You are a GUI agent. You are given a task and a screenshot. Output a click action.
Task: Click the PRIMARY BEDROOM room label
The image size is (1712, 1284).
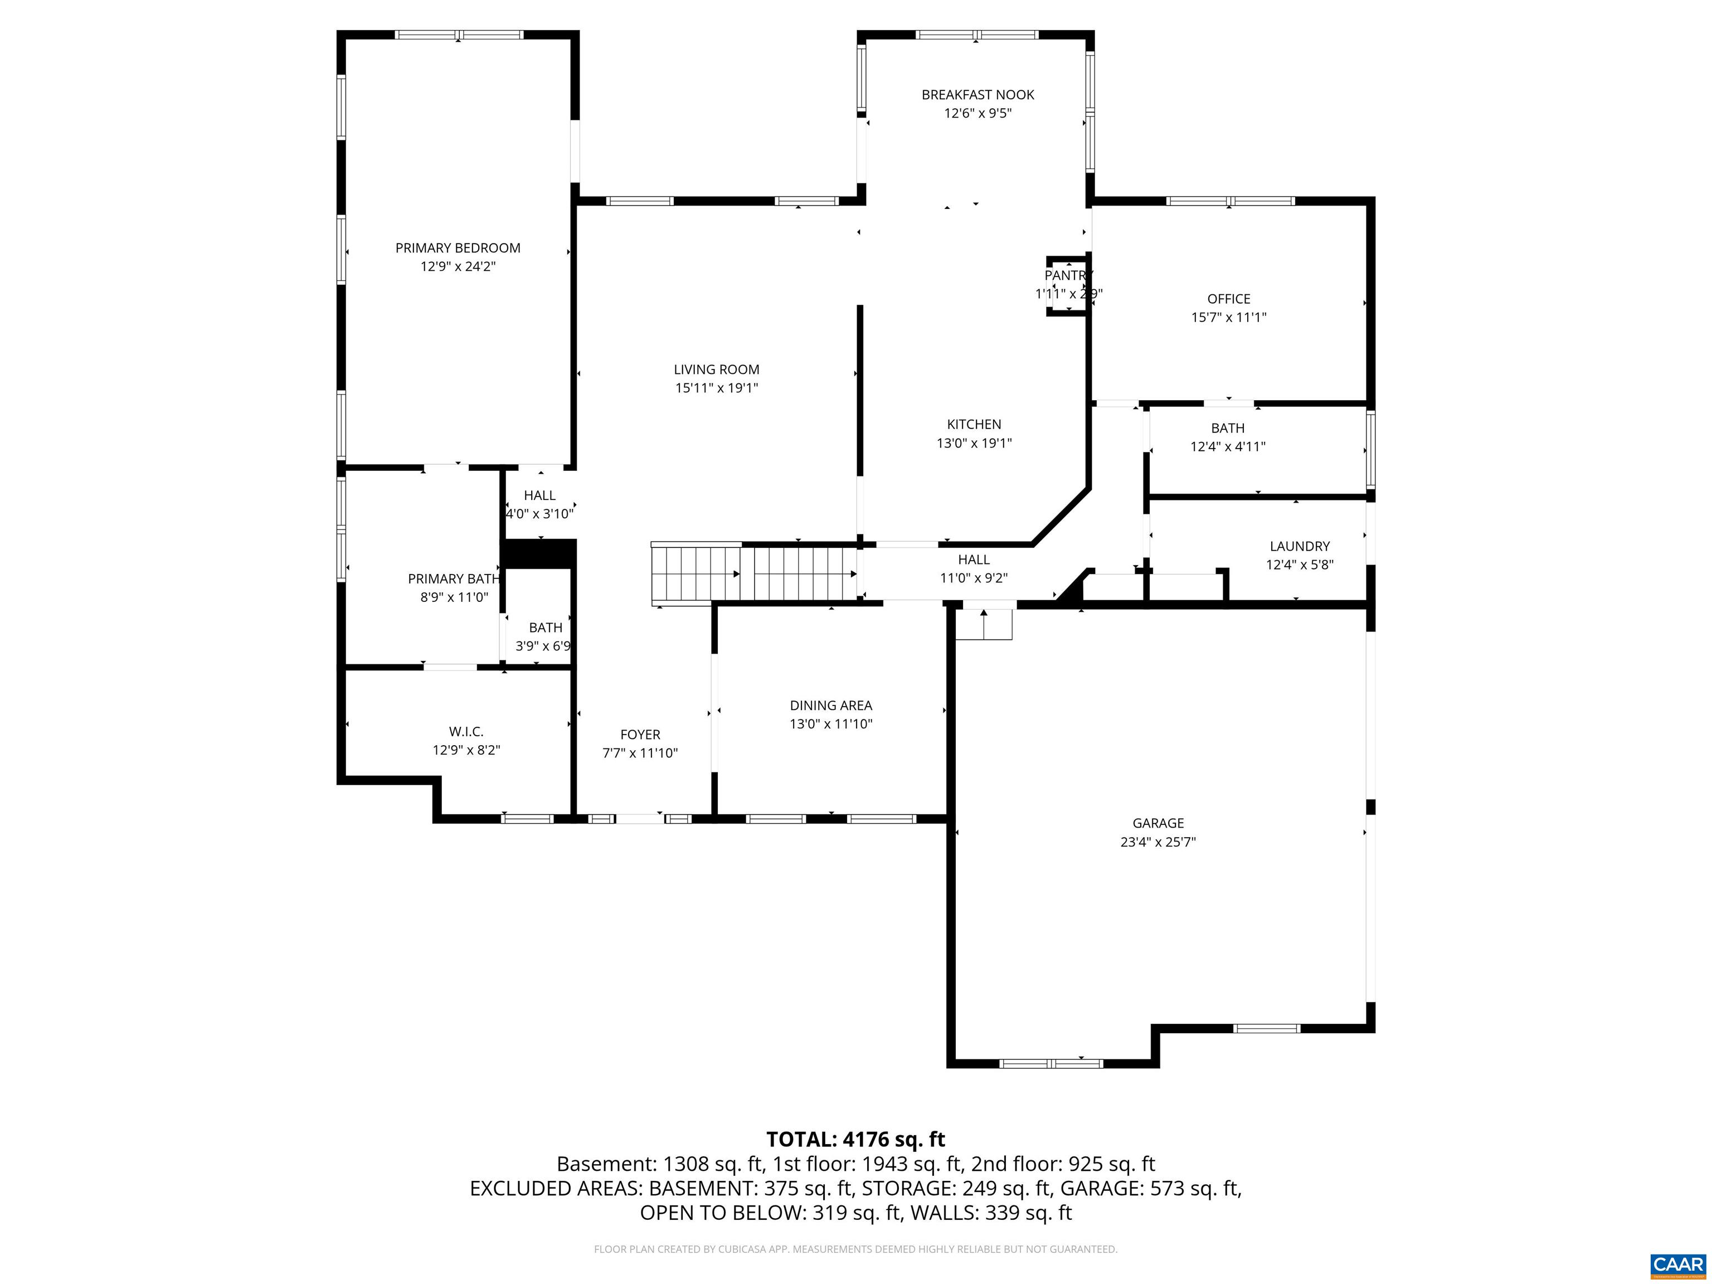pyautogui.click(x=458, y=247)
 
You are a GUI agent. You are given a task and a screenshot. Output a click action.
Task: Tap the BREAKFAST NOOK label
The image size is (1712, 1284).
pyautogui.click(x=977, y=94)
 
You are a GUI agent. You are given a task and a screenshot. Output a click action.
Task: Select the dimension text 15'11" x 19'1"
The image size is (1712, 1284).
pyautogui.click(x=716, y=388)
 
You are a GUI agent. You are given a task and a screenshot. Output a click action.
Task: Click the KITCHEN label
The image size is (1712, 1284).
pyautogui.click(x=974, y=424)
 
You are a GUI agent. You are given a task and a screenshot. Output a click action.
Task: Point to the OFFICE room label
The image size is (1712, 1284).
pyautogui.click(x=1228, y=299)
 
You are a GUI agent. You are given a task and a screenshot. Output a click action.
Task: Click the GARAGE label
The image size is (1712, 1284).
pyautogui.click(x=1158, y=823)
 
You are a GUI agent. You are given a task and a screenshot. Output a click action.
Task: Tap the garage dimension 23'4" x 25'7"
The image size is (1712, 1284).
pyautogui.click(x=1158, y=842)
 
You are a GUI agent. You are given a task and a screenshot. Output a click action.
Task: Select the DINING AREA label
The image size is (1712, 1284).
pyautogui.click(x=830, y=705)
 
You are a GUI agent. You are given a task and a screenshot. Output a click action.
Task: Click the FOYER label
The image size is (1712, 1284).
pyautogui.click(x=640, y=735)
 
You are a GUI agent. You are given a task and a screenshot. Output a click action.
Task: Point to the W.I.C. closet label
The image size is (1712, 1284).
pyautogui.click(x=466, y=731)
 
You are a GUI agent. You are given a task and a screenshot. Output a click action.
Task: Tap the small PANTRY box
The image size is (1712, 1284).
pyautogui.click(x=1068, y=285)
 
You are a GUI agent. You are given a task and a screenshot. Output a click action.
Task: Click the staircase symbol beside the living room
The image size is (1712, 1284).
pyautogui.click(x=755, y=574)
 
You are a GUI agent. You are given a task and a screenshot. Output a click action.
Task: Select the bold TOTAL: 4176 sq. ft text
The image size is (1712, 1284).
pyautogui.click(x=855, y=1139)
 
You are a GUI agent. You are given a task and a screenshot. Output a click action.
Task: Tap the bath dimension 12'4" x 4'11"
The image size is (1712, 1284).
pyautogui.click(x=1228, y=446)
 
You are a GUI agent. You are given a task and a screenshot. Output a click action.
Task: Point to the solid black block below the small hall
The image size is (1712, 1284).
pyautogui.click(x=539, y=554)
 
